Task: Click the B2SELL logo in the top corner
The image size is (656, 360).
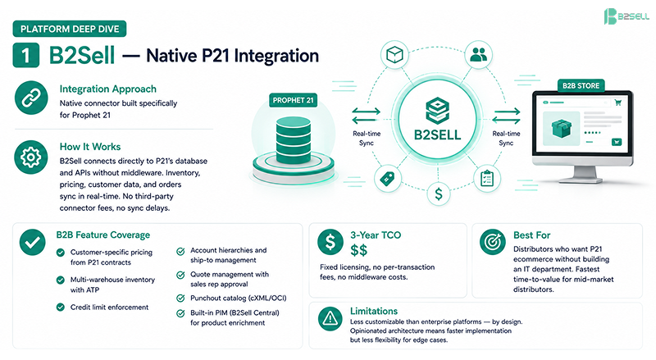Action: tap(626, 16)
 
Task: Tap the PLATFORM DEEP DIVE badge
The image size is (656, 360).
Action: tap(70, 29)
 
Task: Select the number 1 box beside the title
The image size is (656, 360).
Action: tap(26, 55)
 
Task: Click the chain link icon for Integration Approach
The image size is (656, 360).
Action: tap(31, 98)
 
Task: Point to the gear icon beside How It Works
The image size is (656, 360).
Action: tap(31, 157)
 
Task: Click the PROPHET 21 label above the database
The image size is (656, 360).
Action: tap(293, 101)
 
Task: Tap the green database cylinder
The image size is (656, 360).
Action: tap(294, 140)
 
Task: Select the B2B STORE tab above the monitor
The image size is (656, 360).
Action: tap(581, 86)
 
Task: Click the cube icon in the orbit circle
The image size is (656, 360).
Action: tap(394, 54)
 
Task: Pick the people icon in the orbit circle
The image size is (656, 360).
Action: tap(479, 54)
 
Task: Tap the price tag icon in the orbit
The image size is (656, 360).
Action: tap(387, 179)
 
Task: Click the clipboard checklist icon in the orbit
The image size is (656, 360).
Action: tap(487, 179)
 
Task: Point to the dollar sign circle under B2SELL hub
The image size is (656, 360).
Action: tap(439, 194)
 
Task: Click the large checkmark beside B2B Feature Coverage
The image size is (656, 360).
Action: tap(32, 243)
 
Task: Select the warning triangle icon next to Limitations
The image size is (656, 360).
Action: tap(330, 319)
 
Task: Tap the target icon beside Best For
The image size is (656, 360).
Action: tap(493, 242)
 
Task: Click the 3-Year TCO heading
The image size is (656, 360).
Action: tap(376, 235)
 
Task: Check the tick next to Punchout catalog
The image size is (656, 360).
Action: tap(180, 298)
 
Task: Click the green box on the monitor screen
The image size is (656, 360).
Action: tap(561, 129)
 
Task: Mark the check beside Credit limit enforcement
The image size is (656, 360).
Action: tap(61, 308)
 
